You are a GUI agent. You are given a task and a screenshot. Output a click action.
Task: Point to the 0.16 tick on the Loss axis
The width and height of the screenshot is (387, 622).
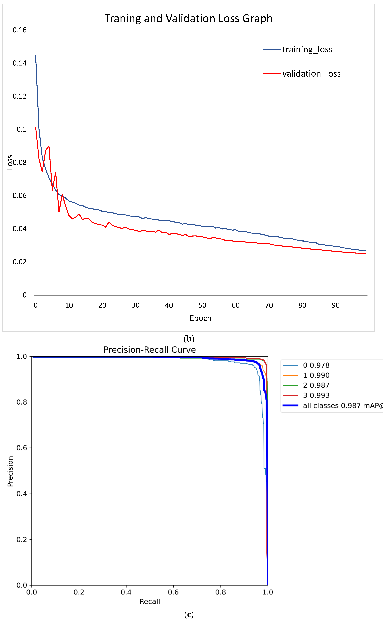(x=20, y=30)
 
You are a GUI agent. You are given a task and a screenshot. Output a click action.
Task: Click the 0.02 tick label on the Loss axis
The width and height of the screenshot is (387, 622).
(x=20, y=262)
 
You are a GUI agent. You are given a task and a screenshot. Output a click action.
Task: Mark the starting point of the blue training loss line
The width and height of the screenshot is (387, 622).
(x=36, y=55)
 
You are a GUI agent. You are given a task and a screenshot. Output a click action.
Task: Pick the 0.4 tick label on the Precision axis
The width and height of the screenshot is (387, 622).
(x=22, y=494)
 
